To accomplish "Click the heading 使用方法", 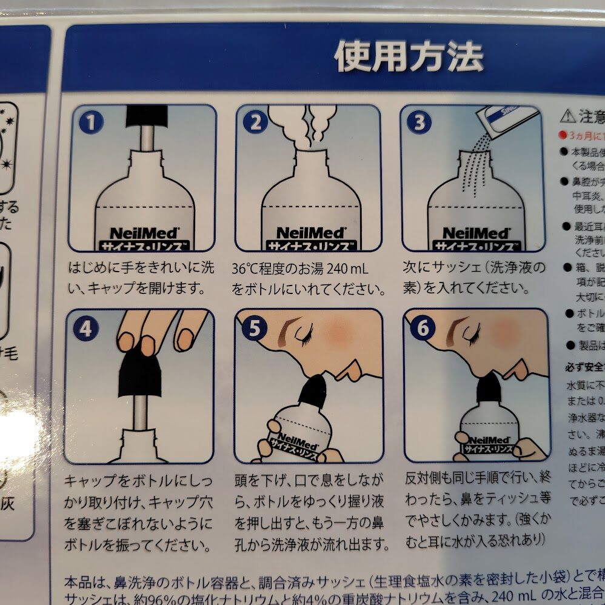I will (x=409, y=58).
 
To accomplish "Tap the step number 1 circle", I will (x=91, y=123).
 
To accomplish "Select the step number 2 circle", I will (x=255, y=123).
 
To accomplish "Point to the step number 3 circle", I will (x=418, y=123).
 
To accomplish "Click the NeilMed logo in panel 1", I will (x=142, y=232).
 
